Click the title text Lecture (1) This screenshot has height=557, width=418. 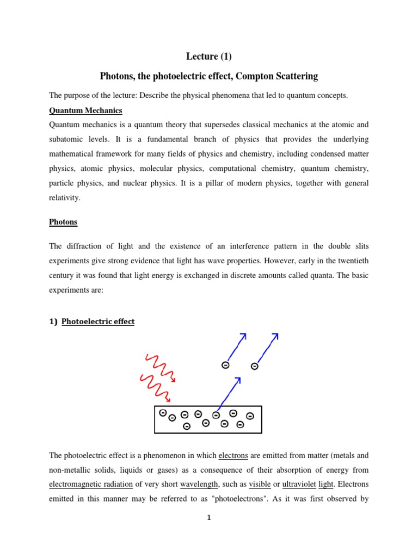209,57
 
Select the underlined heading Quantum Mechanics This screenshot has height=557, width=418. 85,110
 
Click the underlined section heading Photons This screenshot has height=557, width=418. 63,222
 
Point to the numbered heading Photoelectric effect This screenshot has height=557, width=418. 98,321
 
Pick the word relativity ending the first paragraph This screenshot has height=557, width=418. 65,198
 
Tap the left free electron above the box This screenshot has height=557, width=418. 225,365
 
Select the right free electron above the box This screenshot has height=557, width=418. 254,367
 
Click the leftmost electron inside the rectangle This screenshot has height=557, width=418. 162,413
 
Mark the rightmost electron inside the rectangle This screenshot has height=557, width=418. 250,416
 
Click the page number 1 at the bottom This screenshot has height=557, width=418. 208,518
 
